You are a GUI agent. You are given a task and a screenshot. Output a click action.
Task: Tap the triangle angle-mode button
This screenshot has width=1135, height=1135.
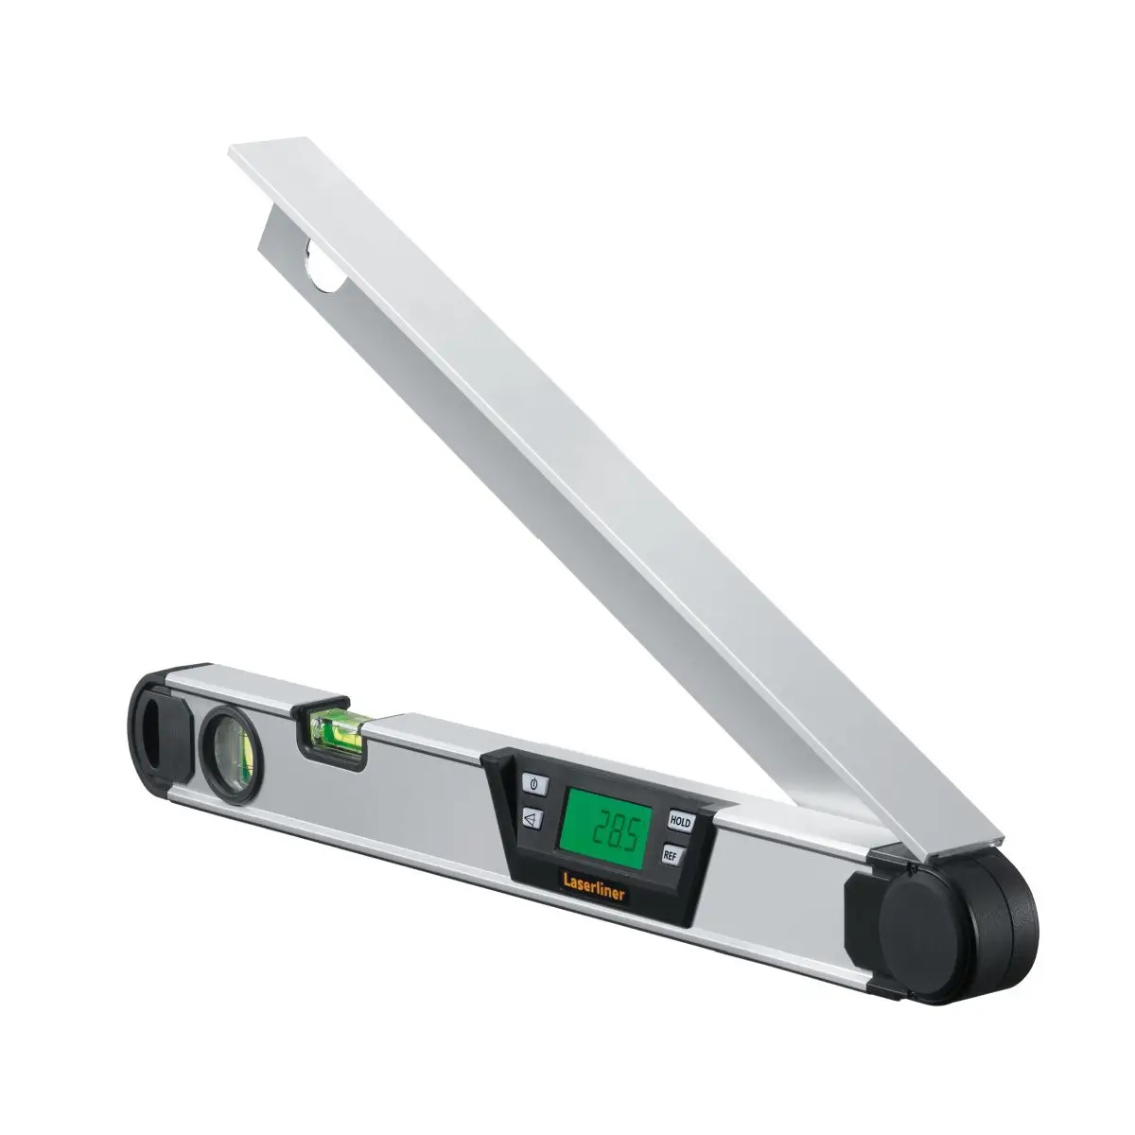pos(533,818)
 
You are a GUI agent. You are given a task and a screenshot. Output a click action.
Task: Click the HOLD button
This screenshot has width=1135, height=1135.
pos(681,822)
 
